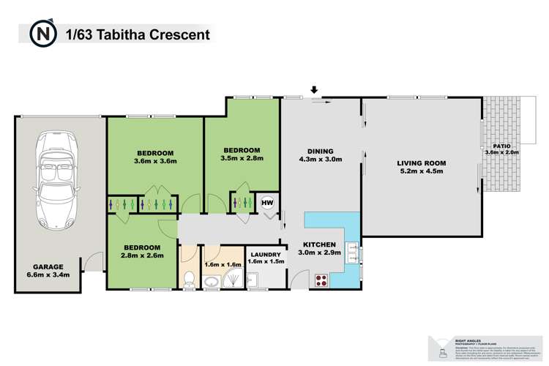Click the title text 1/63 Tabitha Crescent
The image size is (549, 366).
click(x=138, y=34)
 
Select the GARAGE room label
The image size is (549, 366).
click(x=47, y=266)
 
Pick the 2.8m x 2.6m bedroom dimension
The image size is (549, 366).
click(x=143, y=256)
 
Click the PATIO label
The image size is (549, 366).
click(x=501, y=145)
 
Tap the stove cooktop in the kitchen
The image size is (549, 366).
click(x=321, y=278)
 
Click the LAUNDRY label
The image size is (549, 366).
click(x=265, y=255)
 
